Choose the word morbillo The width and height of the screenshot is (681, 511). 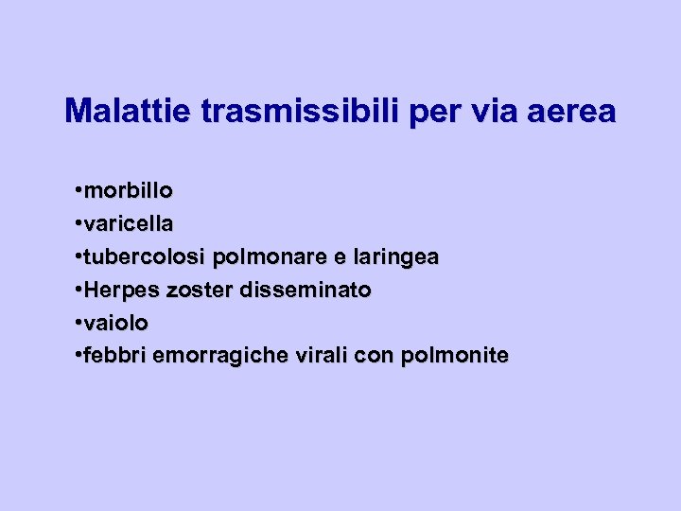pyautogui.click(x=128, y=190)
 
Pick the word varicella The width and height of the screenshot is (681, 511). pyautogui.click(x=128, y=223)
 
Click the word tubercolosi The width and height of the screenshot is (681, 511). pyautogui.click(x=145, y=256)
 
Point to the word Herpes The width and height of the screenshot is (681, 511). pyautogui.click(x=114, y=290)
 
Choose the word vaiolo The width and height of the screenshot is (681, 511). pyautogui.click(x=115, y=323)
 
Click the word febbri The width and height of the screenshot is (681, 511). pyautogui.click(x=113, y=356)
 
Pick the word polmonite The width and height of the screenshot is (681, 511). pyautogui.click(x=455, y=356)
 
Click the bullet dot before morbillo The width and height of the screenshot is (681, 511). pyautogui.click(x=76, y=191)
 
